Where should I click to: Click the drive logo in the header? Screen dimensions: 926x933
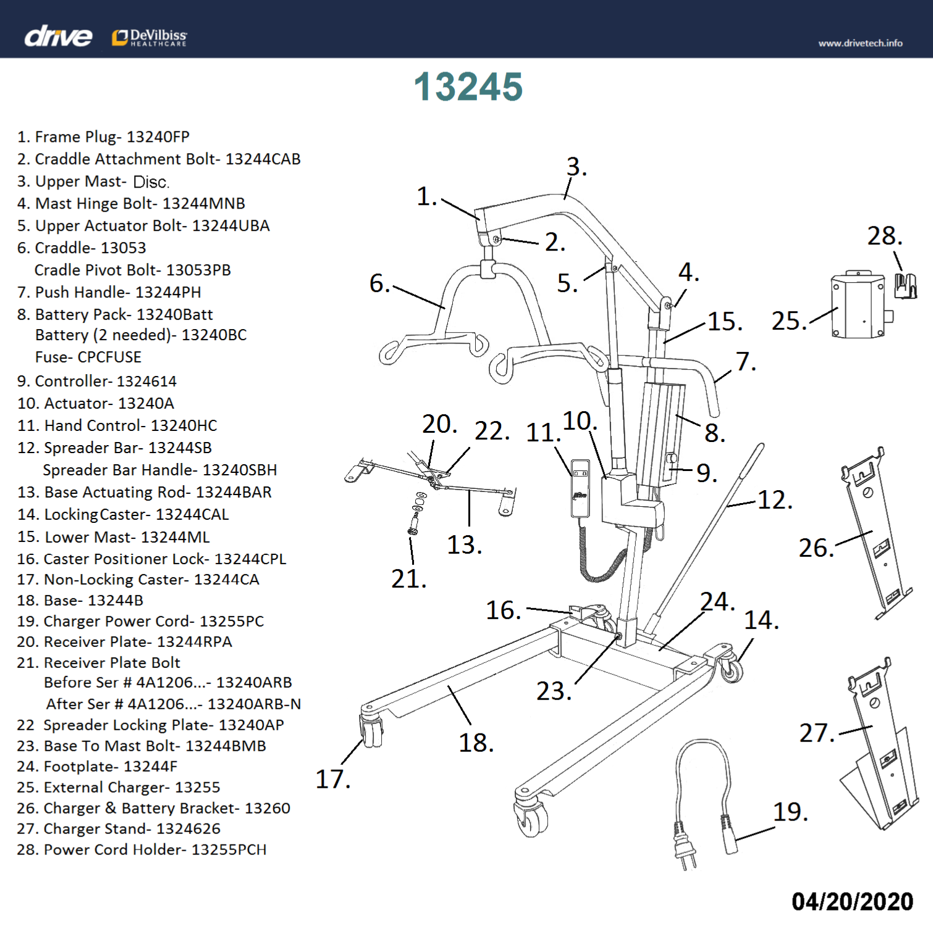(58, 36)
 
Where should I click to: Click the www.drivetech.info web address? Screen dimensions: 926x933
(860, 43)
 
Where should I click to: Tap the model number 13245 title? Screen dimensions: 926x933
(468, 86)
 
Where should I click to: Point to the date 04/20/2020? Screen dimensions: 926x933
(852, 901)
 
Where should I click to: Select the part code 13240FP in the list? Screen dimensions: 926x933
(158, 136)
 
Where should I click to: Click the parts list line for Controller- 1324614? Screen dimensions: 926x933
(97, 381)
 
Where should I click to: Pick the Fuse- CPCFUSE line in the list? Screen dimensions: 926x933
(88, 357)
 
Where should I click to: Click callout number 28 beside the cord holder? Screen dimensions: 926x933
(884, 236)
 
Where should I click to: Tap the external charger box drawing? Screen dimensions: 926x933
(858, 306)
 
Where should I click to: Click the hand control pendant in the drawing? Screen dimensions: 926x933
(580, 488)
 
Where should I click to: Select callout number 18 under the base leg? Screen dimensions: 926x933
(476, 743)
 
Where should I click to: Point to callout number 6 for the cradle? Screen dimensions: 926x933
(379, 283)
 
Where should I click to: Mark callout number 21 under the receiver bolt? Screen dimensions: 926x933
(408, 579)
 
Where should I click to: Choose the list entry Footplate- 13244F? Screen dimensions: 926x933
(98, 766)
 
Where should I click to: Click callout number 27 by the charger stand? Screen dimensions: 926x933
(816, 733)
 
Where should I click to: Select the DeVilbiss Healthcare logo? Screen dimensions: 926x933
(150, 38)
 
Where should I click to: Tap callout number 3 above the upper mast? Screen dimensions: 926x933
(576, 167)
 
